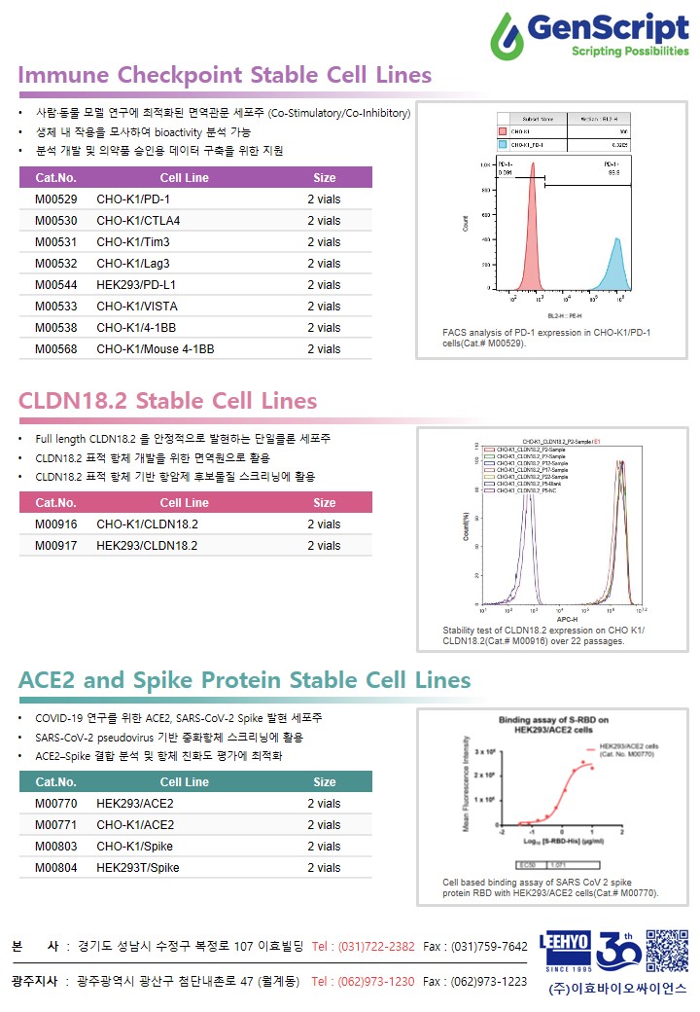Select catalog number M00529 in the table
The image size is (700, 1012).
click(55, 199)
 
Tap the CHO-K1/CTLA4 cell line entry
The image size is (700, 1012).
click(138, 221)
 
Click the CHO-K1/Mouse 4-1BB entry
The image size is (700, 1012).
click(156, 349)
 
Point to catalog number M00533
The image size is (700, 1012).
click(55, 307)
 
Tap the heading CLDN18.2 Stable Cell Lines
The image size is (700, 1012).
click(167, 401)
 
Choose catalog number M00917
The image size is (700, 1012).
click(55, 546)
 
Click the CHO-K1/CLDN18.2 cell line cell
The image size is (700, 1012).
click(147, 524)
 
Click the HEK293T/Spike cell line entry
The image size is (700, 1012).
click(137, 868)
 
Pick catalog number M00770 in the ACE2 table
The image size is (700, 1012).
click(55, 804)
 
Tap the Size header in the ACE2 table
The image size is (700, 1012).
click(325, 782)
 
